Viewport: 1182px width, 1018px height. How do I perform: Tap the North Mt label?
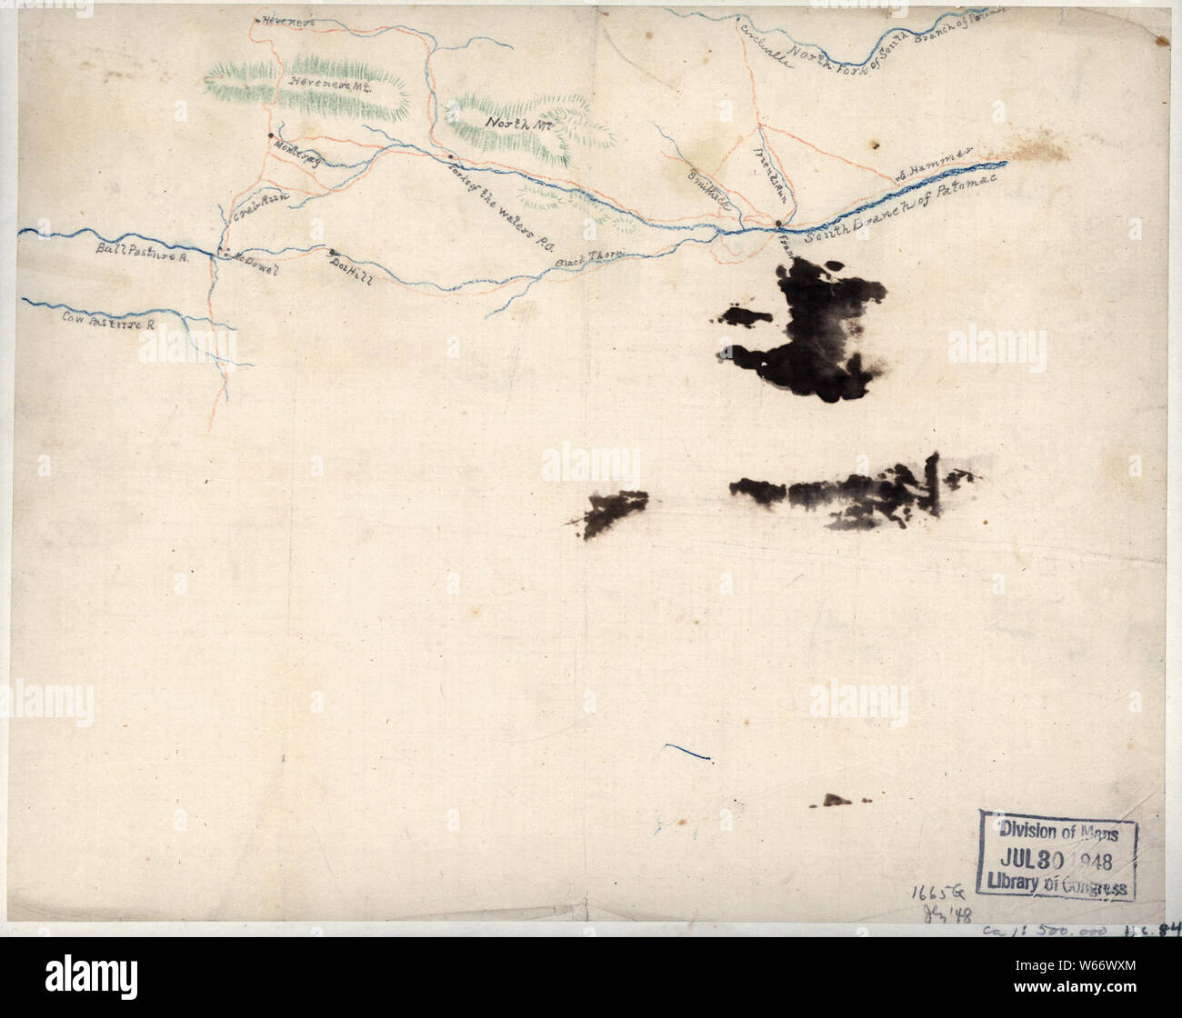(507, 122)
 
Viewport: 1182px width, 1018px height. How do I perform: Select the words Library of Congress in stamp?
(1059, 886)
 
